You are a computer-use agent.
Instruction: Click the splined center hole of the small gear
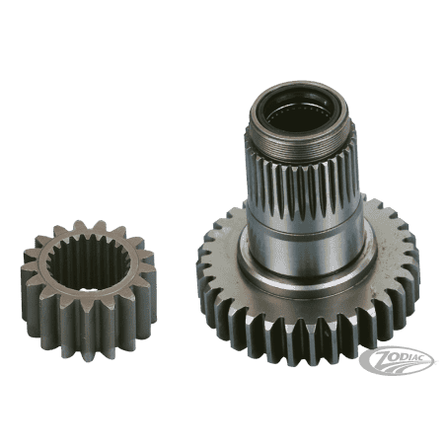[x=89, y=264]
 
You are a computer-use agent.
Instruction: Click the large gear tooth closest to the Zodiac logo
[x=391, y=316]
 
